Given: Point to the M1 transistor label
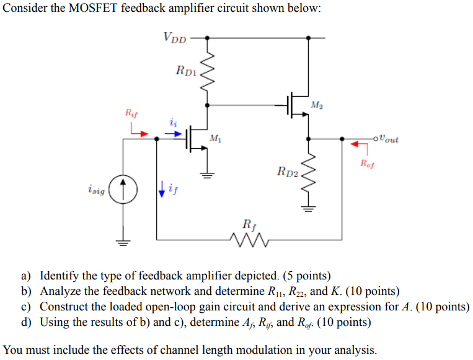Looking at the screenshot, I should pos(215,138).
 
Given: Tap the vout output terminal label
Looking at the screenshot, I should pos(387,139).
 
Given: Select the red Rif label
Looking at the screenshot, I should pos(131,113).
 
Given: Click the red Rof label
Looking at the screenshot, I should pos(368,164).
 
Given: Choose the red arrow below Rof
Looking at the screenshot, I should pos(356,145).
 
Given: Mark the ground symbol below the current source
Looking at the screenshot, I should pos(123,242).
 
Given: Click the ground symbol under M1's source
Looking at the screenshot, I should pos(207,174).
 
